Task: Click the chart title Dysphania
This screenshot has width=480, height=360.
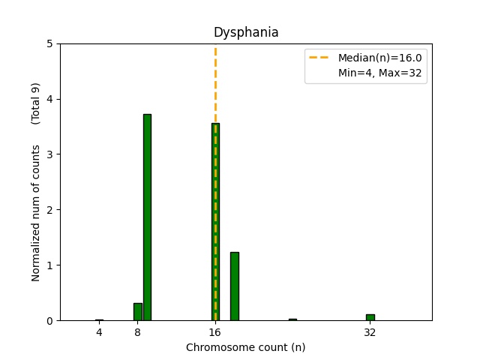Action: click(246, 32)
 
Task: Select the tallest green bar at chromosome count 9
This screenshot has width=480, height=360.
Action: click(147, 217)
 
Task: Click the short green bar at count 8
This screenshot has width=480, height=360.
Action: click(137, 312)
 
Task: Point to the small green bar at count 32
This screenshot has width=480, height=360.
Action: click(370, 317)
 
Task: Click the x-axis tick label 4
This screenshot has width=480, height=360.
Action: click(99, 331)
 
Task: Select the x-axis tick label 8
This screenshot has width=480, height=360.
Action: click(137, 331)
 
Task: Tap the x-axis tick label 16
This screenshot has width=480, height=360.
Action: click(215, 331)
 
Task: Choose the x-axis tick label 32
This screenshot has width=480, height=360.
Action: click(370, 331)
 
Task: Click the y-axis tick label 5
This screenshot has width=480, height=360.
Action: click(49, 43)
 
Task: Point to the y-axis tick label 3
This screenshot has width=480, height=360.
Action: click(49, 154)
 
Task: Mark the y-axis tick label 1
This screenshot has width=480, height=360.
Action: click(49, 265)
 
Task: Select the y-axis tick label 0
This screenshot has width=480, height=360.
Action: click(49, 321)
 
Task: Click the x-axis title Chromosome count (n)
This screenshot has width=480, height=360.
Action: click(246, 347)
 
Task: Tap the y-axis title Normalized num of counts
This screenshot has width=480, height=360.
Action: click(36, 213)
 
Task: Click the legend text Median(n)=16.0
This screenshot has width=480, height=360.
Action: click(379, 58)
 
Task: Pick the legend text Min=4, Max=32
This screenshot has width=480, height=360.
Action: click(379, 73)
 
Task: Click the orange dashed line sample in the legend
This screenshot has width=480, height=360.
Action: click(320, 58)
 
